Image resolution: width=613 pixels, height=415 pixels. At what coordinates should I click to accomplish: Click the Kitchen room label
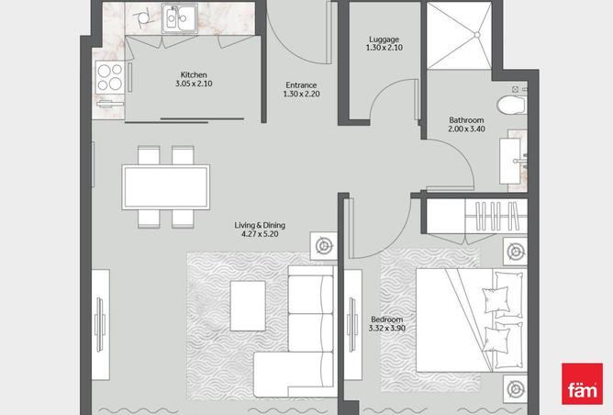[194, 74]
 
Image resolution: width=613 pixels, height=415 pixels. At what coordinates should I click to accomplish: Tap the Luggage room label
[384, 39]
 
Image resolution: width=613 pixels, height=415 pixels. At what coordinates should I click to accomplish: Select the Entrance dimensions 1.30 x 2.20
[301, 94]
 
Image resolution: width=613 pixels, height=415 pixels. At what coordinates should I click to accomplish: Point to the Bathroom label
[466, 120]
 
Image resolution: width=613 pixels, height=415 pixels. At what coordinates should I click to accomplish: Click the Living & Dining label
[260, 225]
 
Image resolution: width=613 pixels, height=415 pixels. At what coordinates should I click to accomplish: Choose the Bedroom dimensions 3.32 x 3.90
[386, 328]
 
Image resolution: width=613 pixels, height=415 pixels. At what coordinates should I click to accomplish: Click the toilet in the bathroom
[512, 105]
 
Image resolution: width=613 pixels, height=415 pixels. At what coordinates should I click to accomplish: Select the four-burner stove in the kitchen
[109, 76]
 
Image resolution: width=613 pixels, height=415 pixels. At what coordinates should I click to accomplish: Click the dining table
[166, 187]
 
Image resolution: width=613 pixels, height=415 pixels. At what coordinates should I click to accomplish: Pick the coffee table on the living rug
[248, 306]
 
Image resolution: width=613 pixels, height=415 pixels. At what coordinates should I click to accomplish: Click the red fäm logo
[582, 384]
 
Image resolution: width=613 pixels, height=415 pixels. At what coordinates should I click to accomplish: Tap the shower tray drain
[477, 35]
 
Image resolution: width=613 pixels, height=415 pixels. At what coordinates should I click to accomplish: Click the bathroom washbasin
[510, 161]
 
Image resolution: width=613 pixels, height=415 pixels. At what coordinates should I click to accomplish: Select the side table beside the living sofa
[323, 246]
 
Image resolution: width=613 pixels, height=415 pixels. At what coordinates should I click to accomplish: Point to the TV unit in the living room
[100, 324]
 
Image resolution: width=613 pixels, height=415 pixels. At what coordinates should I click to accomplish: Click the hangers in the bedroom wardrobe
[496, 217]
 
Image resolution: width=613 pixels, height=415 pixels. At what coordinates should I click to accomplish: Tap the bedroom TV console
[353, 324]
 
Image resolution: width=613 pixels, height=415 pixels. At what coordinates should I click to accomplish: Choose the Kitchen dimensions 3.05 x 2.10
[194, 84]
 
